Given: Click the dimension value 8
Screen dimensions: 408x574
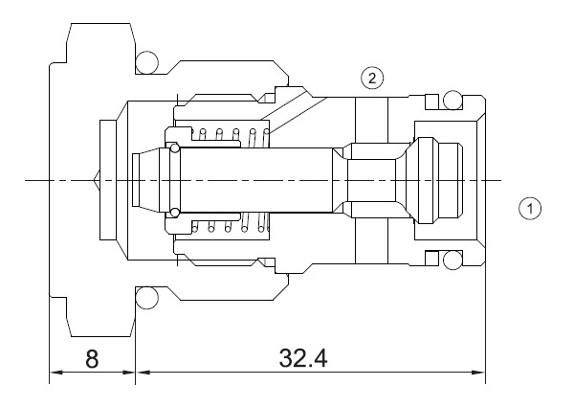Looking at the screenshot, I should coord(92,360).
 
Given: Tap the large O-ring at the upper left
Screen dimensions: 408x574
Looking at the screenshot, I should coord(147,62).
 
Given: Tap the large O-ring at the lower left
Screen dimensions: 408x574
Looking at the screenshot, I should coord(147,299).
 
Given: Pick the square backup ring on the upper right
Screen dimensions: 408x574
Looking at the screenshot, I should coord(430,101).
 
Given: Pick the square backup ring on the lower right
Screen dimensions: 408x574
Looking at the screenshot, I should coord(430,260).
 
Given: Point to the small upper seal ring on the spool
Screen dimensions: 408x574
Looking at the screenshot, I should coord(174,147).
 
